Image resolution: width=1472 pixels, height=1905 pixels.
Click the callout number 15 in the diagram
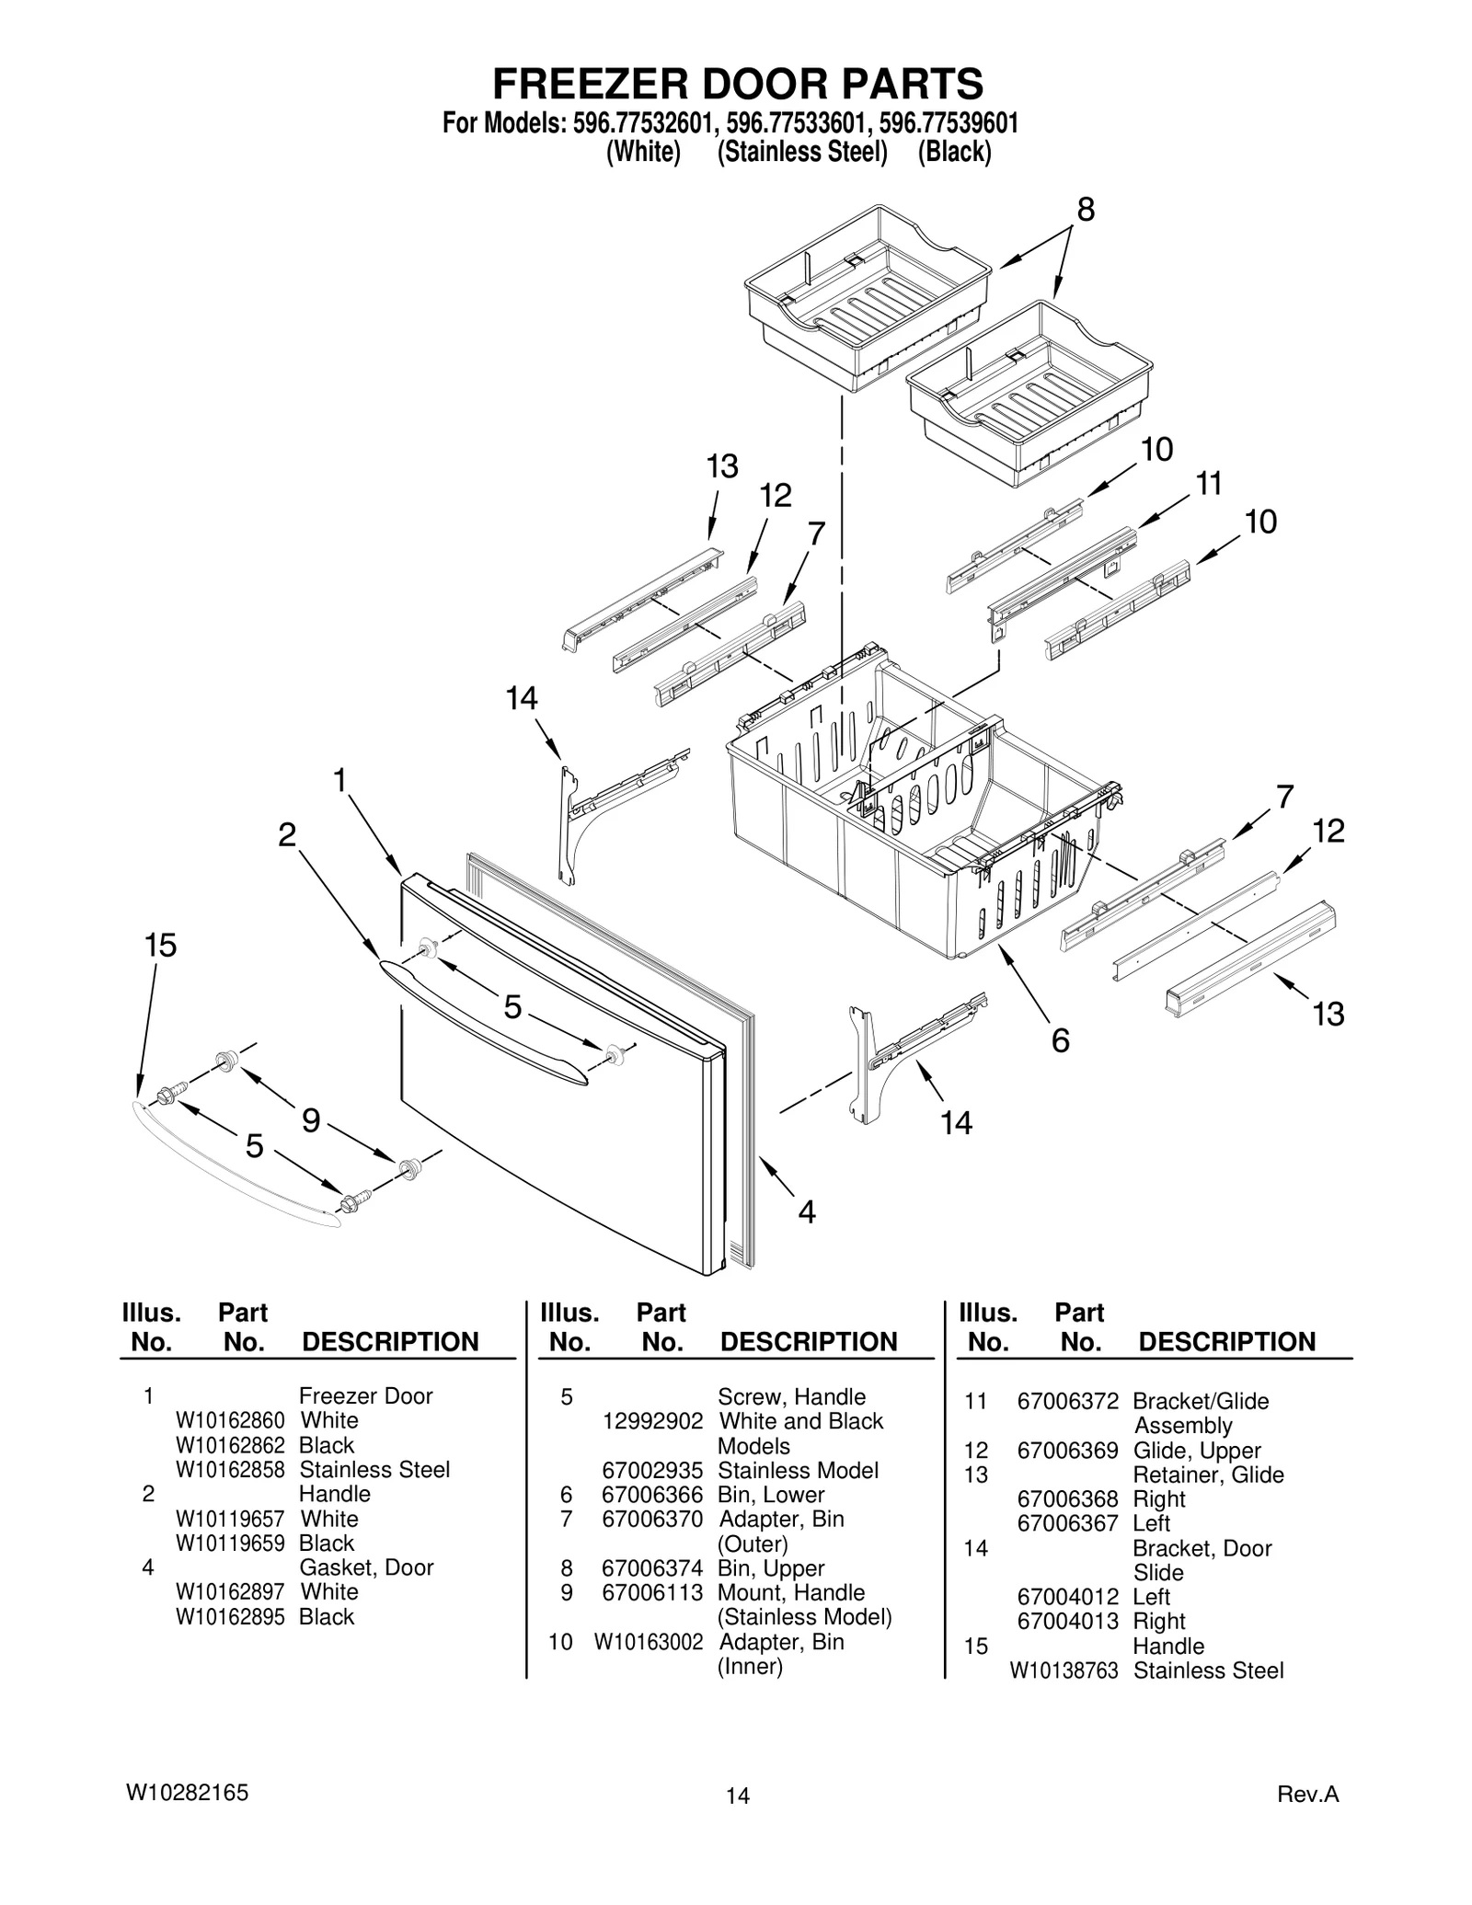[160, 946]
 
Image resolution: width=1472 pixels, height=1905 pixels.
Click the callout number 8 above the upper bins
[1086, 210]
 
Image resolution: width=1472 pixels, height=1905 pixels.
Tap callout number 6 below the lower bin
[1060, 1040]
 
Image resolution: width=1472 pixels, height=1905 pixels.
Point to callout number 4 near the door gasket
[806, 1212]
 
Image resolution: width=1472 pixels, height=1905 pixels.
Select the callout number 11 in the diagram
[1208, 483]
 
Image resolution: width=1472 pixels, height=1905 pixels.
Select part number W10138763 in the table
[1064, 1670]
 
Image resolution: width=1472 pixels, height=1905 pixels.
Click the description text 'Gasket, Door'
[365, 1567]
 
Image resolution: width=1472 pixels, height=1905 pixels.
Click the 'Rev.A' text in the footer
[1307, 1794]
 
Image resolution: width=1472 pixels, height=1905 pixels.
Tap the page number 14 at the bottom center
[737, 1796]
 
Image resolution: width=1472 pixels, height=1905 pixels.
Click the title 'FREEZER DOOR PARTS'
[737, 84]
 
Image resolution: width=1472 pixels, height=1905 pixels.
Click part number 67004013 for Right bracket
[1067, 1621]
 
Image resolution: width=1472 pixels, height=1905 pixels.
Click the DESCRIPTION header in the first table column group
[390, 1342]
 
